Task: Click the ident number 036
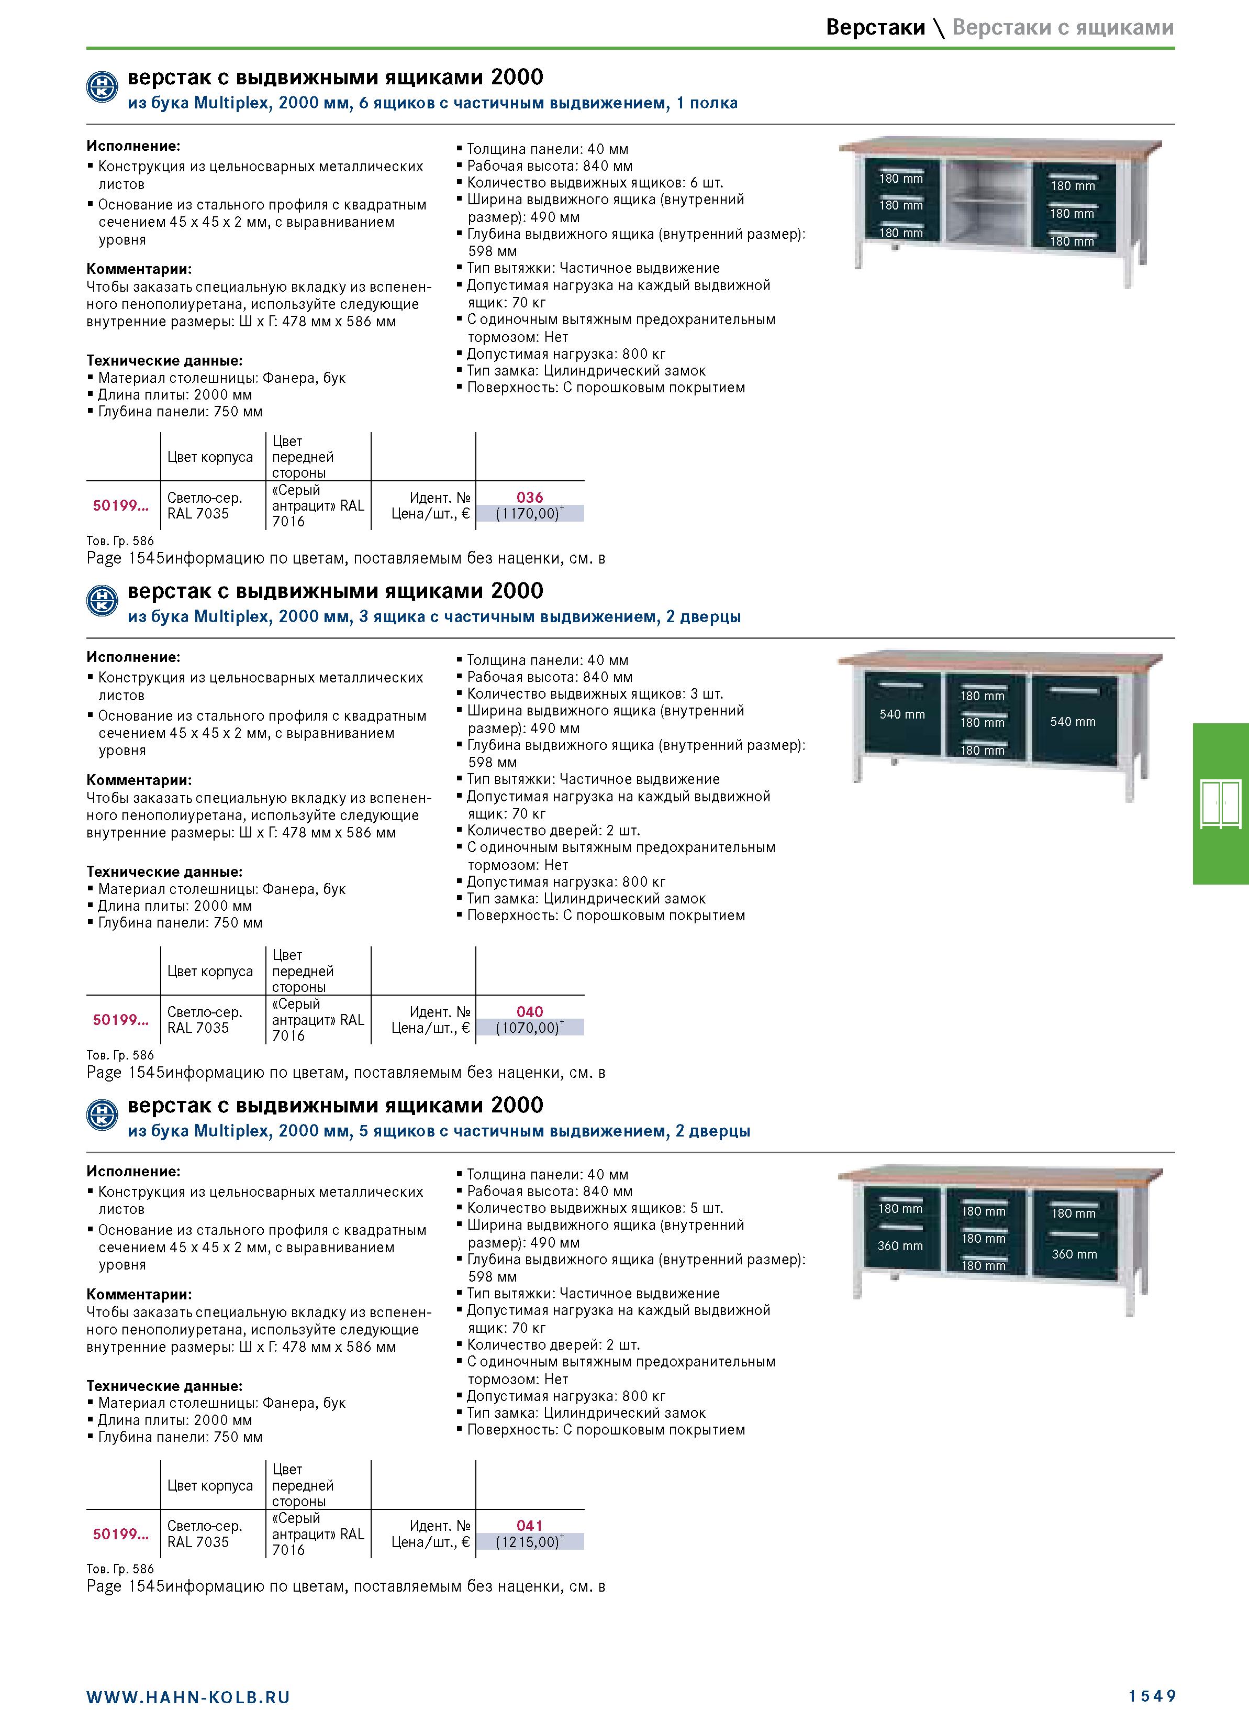[x=530, y=497]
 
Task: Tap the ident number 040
[x=530, y=1011]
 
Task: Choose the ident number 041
[x=530, y=1525]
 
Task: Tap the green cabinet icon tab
[x=1221, y=803]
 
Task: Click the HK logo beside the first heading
[x=102, y=87]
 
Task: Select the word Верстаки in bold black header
[x=875, y=27]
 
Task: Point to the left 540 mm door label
[x=901, y=714]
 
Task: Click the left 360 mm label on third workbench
[x=900, y=1245]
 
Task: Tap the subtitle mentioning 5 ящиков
[x=439, y=1131]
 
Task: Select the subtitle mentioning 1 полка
[x=433, y=103]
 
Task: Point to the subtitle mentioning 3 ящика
[x=434, y=617]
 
